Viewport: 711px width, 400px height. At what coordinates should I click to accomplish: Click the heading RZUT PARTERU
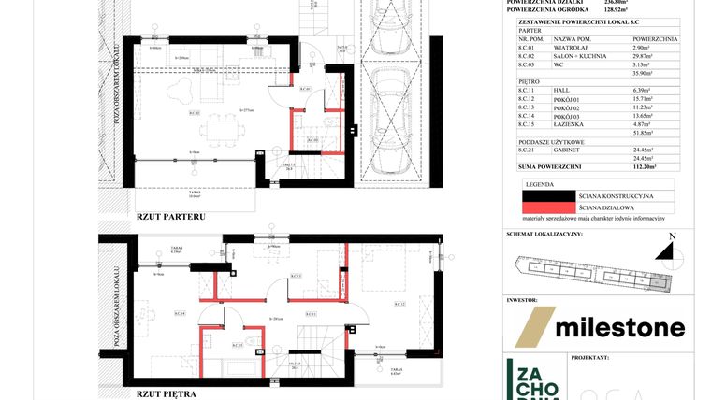pos(170,216)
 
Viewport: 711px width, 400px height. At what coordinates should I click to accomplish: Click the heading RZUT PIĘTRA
pos(166,394)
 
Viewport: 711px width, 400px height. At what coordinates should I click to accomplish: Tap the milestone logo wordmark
pos(619,327)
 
